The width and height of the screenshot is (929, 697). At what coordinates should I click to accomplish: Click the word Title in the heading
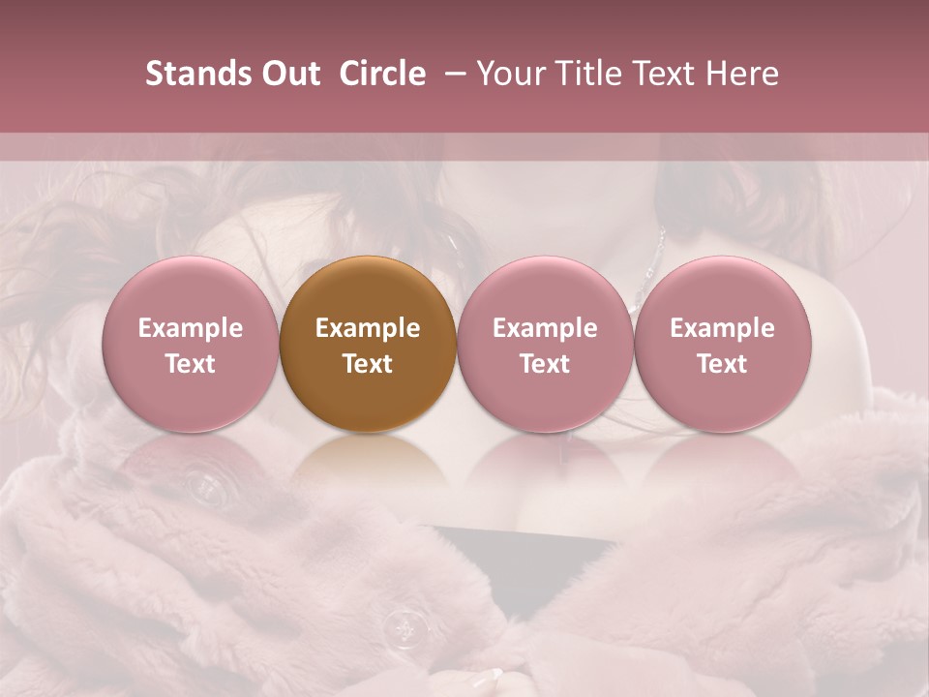tap(591, 75)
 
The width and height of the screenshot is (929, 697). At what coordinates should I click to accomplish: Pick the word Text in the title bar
tap(669, 75)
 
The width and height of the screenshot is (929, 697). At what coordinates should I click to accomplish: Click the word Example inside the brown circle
tap(368, 328)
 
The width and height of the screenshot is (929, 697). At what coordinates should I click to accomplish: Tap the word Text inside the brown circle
tap(368, 364)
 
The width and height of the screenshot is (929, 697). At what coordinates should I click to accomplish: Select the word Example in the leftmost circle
tap(191, 328)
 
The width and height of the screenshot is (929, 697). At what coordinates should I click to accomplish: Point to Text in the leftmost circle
tap(191, 364)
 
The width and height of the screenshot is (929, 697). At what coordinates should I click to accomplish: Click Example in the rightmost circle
tap(723, 328)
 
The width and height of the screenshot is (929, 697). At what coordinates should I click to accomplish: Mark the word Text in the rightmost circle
tap(723, 364)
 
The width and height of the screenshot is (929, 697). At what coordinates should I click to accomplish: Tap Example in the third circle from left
tap(545, 328)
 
